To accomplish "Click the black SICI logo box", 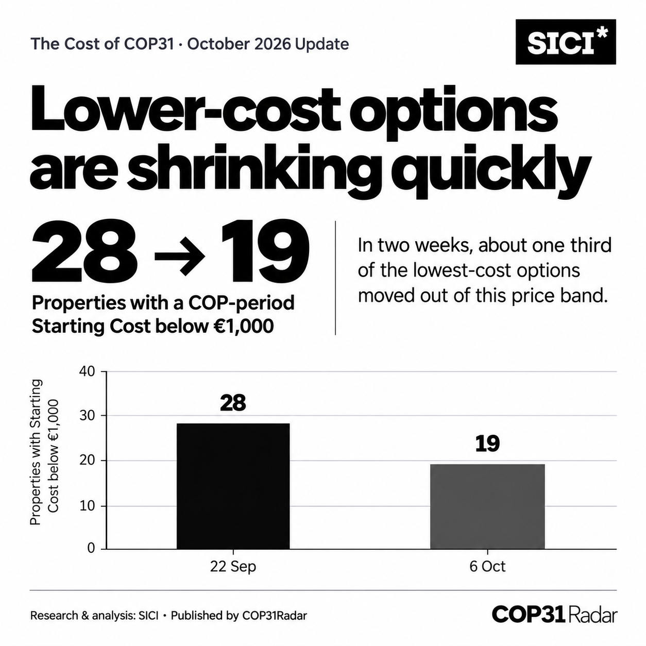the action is pos(565,42).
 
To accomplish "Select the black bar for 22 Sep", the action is pos(233,486).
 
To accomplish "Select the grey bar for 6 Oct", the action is pos(487,506).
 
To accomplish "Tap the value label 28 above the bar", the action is pos(233,403).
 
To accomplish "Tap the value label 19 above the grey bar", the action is pos(487,444).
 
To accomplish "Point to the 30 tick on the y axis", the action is pos(87,416).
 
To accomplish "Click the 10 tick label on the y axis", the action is pos(87,506).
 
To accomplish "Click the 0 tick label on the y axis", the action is pos(91,548).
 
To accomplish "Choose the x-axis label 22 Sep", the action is pos(233,567).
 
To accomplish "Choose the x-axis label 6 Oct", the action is pos(487,566).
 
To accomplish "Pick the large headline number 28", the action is pos(84,251).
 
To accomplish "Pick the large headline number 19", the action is pos(265,251).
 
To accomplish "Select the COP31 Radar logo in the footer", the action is pos(554,615).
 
